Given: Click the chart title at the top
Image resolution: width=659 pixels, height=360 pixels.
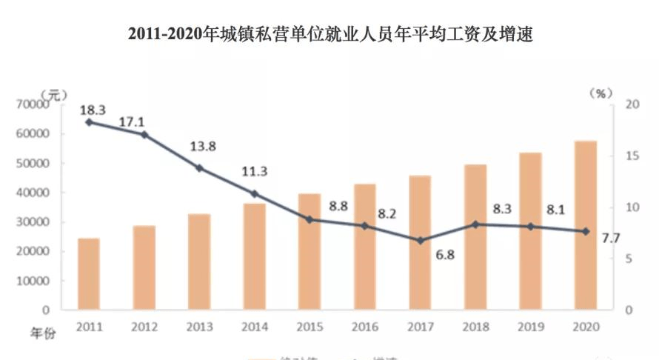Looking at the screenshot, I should (x=330, y=34).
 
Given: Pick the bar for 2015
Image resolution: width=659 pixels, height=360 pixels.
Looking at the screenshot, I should (x=310, y=252).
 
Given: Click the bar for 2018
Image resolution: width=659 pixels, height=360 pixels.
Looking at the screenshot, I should (x=475, y=237).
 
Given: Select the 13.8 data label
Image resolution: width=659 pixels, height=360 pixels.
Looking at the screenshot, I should (x=202, y=146).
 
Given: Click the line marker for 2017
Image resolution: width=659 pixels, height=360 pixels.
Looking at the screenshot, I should (x=420, y=241).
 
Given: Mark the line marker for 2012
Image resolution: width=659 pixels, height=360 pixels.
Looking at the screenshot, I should (x=144, y=135).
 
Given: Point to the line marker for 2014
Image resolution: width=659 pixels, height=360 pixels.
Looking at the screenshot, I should (x=255, y=194).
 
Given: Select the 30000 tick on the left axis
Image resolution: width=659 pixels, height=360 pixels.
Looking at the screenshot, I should (x=31, y=222).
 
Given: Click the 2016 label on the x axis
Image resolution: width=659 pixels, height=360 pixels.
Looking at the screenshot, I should (x=364, y=326).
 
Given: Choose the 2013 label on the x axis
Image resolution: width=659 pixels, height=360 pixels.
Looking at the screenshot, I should (x=198, y=326).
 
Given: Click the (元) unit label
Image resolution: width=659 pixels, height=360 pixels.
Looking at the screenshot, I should (x=54, y=93).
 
